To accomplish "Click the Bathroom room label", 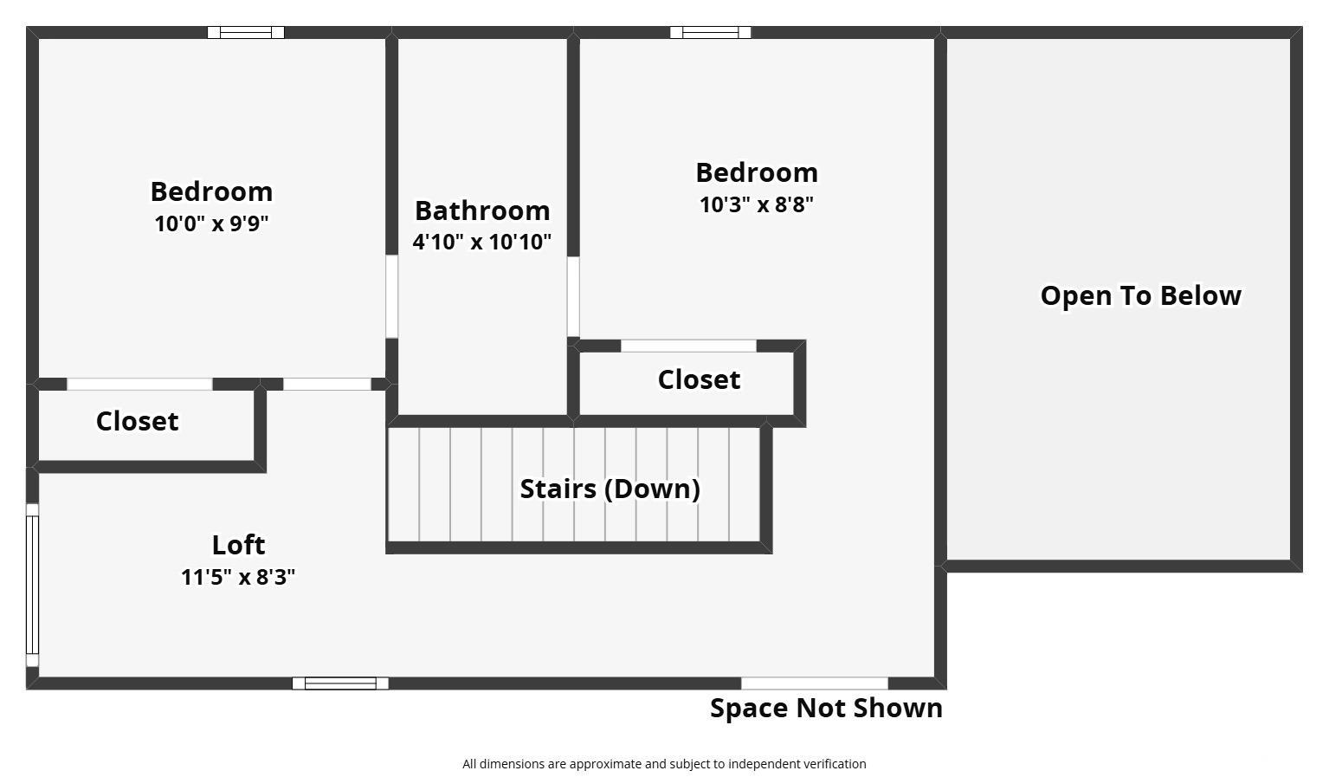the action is [x=482, y=210].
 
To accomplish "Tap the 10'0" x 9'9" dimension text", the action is [x=211, y=223].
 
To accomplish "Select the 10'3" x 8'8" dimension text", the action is [x=757, y=204].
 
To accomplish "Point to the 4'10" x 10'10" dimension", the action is [x=481, y=243].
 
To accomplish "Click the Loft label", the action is [x=238, y=545].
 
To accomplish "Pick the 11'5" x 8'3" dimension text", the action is [x=238, y=577].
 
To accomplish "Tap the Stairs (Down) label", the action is [x=610, y=489].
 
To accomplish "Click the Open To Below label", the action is [x=1141, y=295].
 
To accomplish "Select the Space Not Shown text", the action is [x=827, y=709].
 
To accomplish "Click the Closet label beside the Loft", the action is [x=137, y=422].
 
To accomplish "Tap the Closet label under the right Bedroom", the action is [x=699, y=380].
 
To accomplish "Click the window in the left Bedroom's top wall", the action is [x=246, y=33].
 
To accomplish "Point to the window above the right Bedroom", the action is [x=710, y=33].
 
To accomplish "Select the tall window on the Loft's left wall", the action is [x=32, y=585].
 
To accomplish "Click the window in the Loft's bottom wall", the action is [x=340, y=683].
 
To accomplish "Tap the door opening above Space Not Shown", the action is [x=815, y=683].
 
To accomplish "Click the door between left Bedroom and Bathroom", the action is [x=391, y=297].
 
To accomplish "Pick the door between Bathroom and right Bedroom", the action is [x=573, y=297].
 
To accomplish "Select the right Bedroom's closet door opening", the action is [x=688, y=346].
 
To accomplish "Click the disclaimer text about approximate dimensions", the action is [x=664, y=764].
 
